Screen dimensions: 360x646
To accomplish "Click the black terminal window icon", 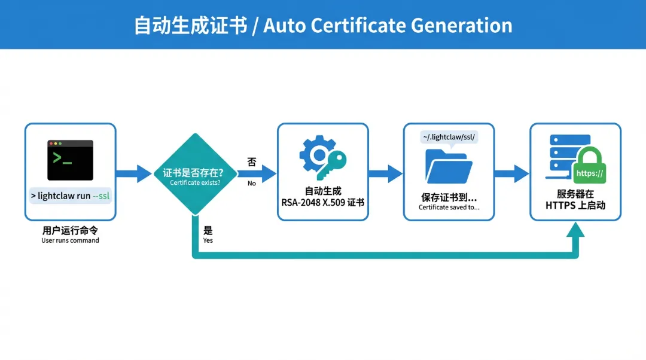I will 71,160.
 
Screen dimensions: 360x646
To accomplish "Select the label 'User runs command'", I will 70,240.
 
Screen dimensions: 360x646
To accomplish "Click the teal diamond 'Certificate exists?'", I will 195,174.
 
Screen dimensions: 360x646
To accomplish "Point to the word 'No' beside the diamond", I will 251,183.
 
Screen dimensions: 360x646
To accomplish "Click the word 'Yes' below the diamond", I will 208,240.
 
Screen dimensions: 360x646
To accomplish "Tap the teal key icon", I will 331,165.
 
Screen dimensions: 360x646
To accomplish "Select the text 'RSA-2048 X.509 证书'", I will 323,203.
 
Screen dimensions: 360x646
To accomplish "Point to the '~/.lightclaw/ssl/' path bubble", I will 449,137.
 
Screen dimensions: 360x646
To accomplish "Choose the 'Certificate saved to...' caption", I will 449,208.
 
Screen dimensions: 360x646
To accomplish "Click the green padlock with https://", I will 589,167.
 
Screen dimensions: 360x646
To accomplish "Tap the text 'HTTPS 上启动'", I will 575,205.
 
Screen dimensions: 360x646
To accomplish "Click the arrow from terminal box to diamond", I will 133,174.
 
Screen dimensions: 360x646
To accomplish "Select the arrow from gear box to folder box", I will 385,174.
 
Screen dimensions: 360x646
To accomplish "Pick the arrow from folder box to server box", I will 512,174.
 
